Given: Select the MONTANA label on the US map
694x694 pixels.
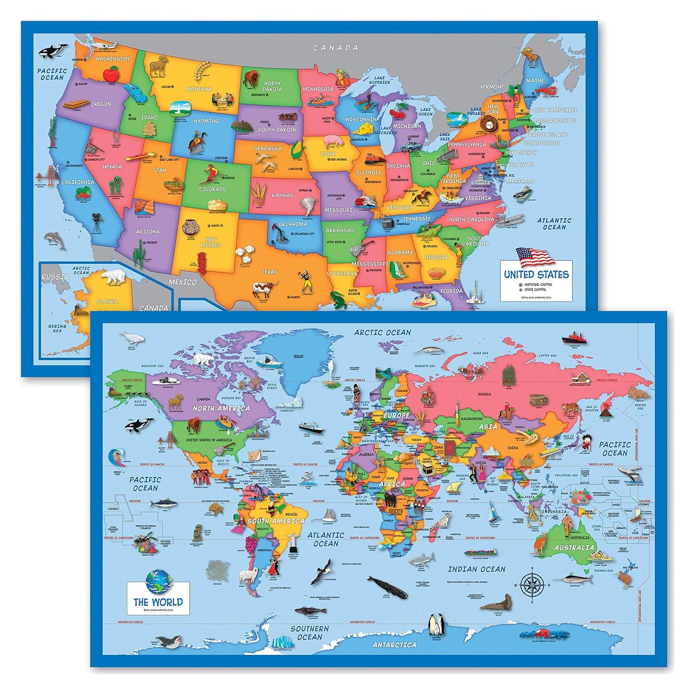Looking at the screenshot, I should coord(198,89).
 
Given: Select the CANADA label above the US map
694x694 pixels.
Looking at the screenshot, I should coord(336,48).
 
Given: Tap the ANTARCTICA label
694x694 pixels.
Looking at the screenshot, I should coord(394,645).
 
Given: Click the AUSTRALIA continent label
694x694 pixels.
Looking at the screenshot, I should coord(571,548).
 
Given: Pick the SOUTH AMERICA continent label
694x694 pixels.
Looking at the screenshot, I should coord(276,521).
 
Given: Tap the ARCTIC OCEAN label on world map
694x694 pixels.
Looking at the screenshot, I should coord(382,332).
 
